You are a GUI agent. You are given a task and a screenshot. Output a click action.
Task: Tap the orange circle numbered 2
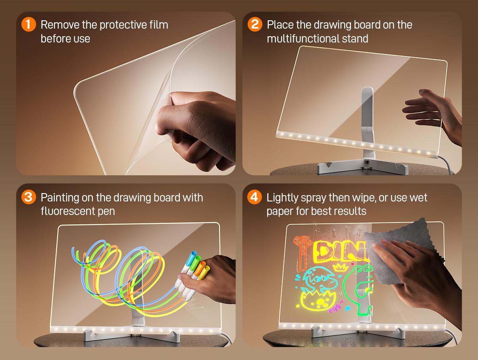[254, 25]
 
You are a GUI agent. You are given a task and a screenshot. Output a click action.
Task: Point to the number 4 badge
[254, 197]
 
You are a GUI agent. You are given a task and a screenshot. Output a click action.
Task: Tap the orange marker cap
[202, 265]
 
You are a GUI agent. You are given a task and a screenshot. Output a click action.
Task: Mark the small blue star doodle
[348, 308]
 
